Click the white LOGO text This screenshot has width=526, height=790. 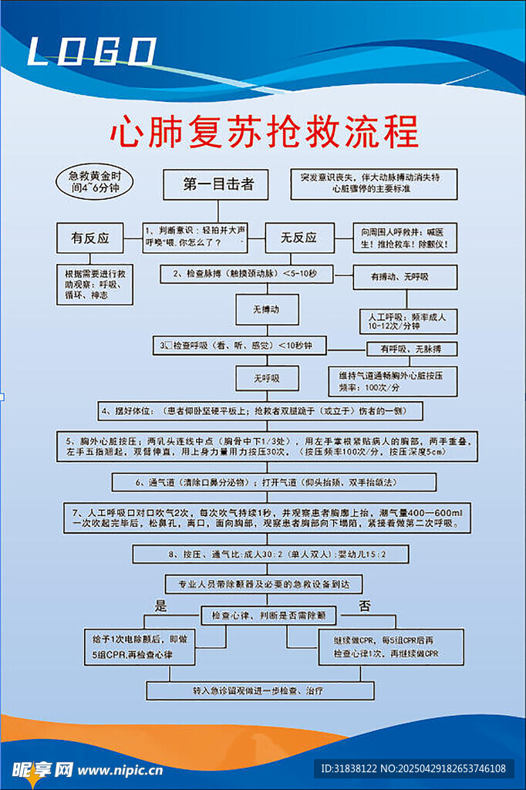click(92, 52)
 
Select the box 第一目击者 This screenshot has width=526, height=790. click(218, 185)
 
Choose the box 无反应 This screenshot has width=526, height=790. click(298, 238)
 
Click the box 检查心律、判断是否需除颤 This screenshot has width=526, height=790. click(269, 616)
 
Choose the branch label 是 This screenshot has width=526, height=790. click(161, 605)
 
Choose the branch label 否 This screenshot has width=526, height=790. click(365, 605)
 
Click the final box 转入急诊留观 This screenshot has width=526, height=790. click(260, 690)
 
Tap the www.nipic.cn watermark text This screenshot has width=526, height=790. click(120, 768)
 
